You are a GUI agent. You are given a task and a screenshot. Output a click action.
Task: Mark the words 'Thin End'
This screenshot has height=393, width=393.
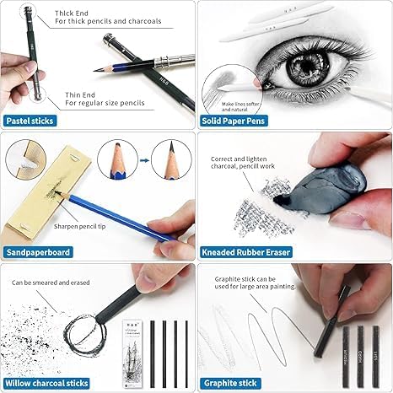point(68,94)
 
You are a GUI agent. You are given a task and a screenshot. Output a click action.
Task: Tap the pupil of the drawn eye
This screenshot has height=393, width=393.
point(296,63)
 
